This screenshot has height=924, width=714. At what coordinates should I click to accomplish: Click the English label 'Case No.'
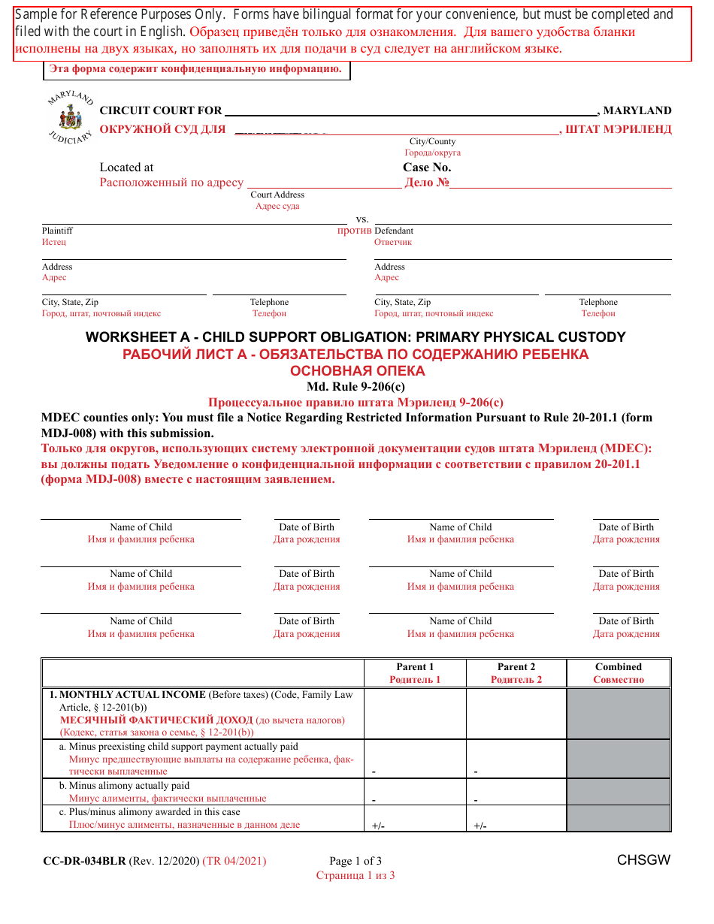(427, 168)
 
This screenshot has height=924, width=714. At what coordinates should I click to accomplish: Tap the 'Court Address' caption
(277, 195)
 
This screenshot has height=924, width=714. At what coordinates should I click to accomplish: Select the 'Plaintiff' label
(57, 231)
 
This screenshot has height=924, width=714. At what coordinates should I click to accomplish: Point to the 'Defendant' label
(394, 231)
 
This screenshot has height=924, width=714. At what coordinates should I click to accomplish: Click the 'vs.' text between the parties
(362, 219)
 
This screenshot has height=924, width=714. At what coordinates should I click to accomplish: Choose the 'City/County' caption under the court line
(432, 141)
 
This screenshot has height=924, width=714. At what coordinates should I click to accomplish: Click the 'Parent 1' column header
(415, 666)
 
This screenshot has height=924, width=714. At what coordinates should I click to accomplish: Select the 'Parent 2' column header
(516, 666)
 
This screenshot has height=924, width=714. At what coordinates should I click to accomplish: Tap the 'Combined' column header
(618, 666)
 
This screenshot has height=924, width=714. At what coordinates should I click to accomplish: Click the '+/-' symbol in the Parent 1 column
(378, 826)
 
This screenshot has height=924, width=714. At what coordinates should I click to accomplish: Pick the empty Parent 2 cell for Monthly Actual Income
(516, 713)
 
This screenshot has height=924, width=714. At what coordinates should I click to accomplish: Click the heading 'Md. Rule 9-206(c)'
(355, 387)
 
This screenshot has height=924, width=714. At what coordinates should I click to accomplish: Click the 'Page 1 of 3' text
(355, 861)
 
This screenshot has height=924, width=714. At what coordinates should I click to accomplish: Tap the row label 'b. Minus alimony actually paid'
(124, 785)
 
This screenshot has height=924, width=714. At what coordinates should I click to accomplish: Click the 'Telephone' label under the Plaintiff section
(269, 302)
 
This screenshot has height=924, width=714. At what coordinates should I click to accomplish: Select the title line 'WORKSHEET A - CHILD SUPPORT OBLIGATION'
(355, 337)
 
